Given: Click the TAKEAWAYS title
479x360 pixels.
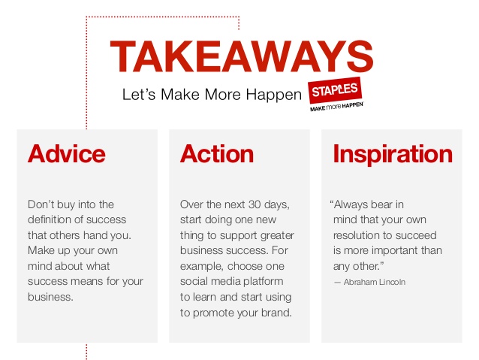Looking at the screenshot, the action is coord(241,56).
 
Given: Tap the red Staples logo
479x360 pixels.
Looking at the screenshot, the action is coord(335,90).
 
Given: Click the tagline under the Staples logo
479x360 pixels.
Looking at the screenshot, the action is coord(336,107).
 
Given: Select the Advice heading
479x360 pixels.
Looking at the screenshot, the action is coord(67,153).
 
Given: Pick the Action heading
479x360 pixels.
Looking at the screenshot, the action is coord(217,153).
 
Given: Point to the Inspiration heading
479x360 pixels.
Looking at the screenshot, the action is coord(393,154).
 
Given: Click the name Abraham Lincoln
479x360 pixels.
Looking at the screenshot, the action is coord(375,282).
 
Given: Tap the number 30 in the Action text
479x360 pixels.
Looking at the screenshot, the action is coord(255,204).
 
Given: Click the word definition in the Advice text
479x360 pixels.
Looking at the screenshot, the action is coord(52,219).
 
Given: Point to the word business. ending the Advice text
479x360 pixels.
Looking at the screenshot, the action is coord(50,297).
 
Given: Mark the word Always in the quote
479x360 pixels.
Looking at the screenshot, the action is coord(350,204).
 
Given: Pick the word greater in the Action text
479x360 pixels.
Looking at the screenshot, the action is coord(277,235).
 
